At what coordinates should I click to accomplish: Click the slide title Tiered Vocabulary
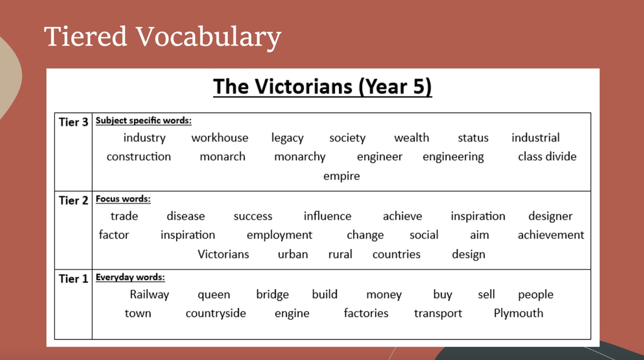click(163, 37)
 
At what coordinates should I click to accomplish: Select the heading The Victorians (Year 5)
click(322, 86)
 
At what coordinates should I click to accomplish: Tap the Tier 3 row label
click(73, 122)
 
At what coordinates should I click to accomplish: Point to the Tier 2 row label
click(73, 200)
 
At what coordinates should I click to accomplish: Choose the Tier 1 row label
click(73, 279)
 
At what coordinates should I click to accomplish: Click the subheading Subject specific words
click(143, 121)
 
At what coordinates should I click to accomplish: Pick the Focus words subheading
click(123, 199)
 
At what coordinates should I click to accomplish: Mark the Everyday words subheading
click(130, 277)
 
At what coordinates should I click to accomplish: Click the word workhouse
click(220, 138)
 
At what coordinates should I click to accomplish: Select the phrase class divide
click(547, 156)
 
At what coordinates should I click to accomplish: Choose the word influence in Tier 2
click(328, 216)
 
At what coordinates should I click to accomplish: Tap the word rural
click(340, 255)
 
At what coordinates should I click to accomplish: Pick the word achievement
click(551, 235)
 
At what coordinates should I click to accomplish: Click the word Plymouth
click(518, 313)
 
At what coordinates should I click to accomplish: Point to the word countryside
click(216, 314)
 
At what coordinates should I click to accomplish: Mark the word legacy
click(287, 138)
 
